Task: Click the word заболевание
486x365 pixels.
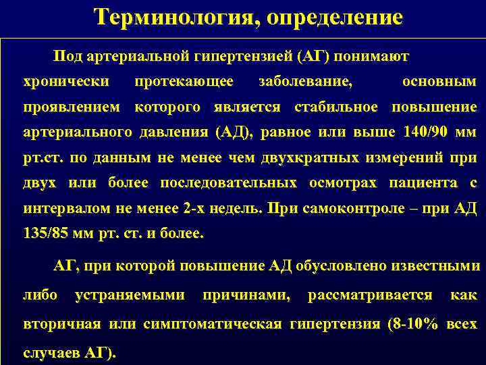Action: point(305,81)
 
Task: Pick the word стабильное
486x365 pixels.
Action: point(340,107)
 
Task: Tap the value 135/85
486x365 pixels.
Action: point(47,235)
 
